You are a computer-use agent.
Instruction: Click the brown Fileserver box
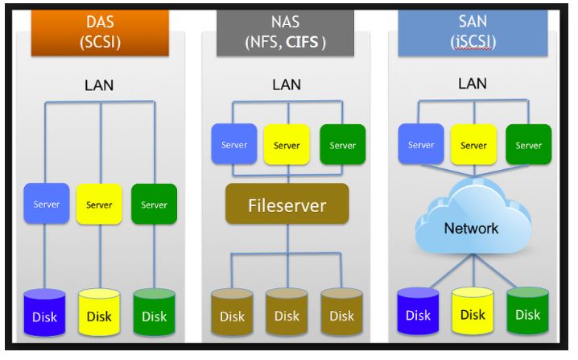click(x=287, y=205)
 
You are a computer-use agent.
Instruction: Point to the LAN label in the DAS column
click(x=99, y=85)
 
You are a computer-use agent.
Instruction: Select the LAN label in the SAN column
click(x=472, y=83)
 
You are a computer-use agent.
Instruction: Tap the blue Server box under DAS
click(x=46, y=204)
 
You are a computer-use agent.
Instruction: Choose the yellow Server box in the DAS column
click(x=99, y=204)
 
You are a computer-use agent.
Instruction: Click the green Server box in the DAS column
click(x=154, y=204)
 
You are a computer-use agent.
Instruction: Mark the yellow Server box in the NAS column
click(x=287, y=145)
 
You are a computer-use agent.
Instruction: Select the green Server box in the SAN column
click(x=528, y=145)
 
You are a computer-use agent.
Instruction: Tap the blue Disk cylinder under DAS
click(x=44, y=314)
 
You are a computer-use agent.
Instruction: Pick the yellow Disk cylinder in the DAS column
click(x=99, y=314)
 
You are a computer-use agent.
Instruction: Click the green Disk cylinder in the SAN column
click(x=527, y=312)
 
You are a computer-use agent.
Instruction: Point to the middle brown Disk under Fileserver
click(x=287, y=314)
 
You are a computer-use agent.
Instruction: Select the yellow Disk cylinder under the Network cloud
click(x=473, y=312)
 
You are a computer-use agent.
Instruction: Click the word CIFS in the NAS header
click(x=303, y=41)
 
